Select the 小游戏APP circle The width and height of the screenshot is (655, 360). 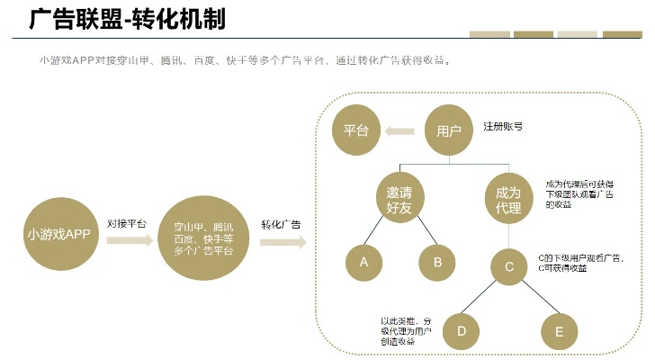pyautogui.click(x=59, y=233)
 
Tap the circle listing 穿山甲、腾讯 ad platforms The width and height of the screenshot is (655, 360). pyautogui.click(x=203, y=238)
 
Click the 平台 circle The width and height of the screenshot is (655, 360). pyautogui.click(x=356, y=130)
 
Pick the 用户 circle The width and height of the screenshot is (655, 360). pyautogui.click(x=449, y=130)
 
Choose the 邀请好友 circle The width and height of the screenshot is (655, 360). pyautogui.click(x=399, y=200)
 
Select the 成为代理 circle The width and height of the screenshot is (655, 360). pyautogui.click(x=508, y=200)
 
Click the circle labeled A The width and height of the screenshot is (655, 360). pyautogui.click(x=364, y=262)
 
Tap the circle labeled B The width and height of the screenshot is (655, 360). pyautogui.click(x=438, y=262)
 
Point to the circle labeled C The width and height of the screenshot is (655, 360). pyautogui.click(x=509, y=266)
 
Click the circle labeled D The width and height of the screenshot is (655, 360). pyautogui.click(x=462, y=330)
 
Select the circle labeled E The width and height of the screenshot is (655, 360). pyautogui.click(x=559, y=332)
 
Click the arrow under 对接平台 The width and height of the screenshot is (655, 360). pyautogui.click(x=130, y=241)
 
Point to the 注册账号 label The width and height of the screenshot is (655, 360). pyautogui.click(x=504, y=127)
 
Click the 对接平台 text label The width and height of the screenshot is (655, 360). pyautogui.click(x=126, y=222)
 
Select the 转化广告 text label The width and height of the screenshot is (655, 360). pyautogui.click(x=281, y=222)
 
